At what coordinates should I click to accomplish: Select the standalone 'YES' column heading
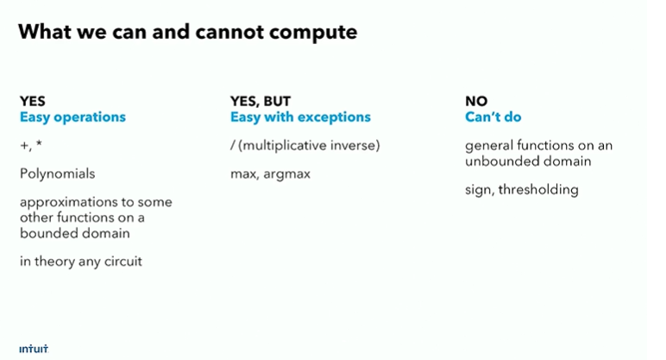pos(32,101)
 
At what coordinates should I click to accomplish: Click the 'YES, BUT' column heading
pos(261,101)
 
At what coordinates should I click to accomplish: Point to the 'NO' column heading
pos(476,101)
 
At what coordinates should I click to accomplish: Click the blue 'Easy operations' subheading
pos(72,117)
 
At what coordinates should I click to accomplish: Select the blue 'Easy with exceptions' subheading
pos(300,117)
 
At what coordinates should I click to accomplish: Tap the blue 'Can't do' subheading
pos(493,117)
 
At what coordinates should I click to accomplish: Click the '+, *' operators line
pos(30,145)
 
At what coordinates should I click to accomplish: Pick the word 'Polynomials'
pos(57,174)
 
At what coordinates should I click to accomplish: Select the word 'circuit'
pos(123,261)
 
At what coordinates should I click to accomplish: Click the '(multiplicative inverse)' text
pos(309,145)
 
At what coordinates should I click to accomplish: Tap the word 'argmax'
pos(286,174)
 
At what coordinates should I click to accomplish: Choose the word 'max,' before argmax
pos(245,174)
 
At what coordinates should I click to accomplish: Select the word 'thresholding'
pos(538,190)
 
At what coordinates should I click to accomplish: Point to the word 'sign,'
pos(480,190)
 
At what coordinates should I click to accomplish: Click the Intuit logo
pos(34,349)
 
